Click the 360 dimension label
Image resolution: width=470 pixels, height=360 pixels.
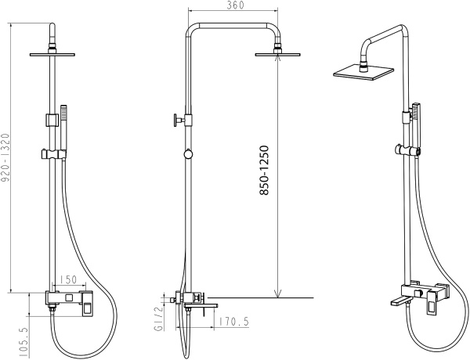point(235,5)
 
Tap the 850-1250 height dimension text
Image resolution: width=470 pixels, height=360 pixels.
point(264,171)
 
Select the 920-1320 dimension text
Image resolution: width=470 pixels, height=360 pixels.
point(5,158)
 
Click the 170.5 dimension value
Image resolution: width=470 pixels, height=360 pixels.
point(233,322)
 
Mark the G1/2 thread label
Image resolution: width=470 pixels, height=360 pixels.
point(158,319)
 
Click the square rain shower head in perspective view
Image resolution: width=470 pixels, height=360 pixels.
point(363,72)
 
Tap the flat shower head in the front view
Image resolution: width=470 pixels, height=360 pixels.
point(52,55)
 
